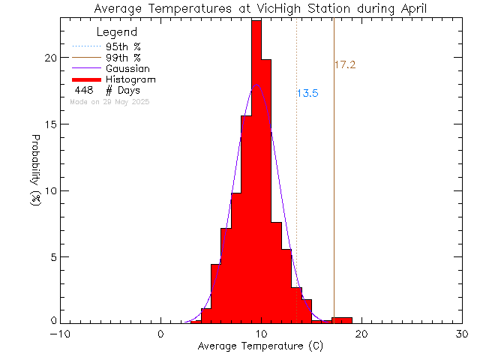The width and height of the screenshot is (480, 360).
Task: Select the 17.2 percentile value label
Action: pos(344,65)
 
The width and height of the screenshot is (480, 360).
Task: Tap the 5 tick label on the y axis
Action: pos(52,256)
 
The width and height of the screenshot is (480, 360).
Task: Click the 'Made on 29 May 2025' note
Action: pos(109,101)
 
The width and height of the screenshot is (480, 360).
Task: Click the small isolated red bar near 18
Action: pos(342,320)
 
